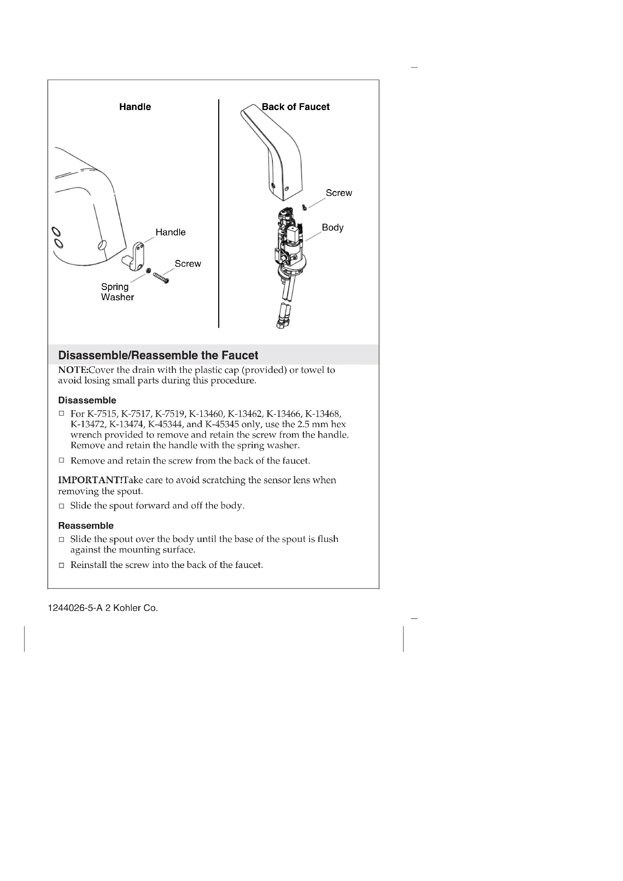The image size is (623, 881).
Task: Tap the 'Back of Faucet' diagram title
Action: (x=295, y=107)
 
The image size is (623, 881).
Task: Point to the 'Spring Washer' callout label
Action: (x=117, y=292)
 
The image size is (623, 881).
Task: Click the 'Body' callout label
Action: (x=332, y=228)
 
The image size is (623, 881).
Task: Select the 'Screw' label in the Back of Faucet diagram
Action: (x=338, y=193)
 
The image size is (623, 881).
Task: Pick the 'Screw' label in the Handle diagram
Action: (x=188, y=264)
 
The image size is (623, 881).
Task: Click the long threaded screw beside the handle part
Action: (x=161, y=278)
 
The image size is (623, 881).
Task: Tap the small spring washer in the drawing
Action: (x=148, y=271)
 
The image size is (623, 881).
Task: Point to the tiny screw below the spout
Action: (x=305, y=208)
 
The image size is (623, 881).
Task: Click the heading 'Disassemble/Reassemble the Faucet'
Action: (x=158, y=355)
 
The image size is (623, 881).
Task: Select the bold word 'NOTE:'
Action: (x=73, y=370)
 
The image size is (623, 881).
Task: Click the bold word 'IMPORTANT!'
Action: (x=90, y=480)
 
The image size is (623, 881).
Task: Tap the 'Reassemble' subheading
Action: (x=86, y=525)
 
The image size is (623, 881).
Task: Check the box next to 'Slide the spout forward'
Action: (x=61, y=506)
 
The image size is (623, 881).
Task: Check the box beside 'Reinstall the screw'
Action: (x=61, y=565)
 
